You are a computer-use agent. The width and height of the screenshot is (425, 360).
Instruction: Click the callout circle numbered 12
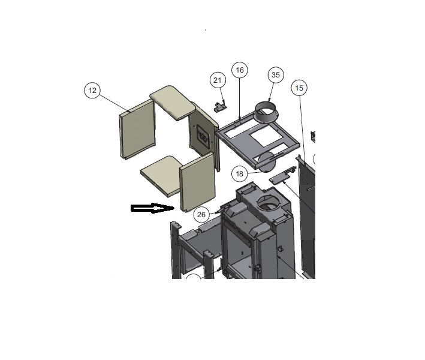coord(92,91)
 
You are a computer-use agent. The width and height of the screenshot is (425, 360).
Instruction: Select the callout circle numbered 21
coord(218,80)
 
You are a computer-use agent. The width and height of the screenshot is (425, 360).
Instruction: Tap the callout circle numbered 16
coord(240,70)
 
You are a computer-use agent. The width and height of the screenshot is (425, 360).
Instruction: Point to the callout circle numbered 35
coord(276,75)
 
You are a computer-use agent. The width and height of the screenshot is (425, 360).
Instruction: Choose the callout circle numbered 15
coord(299,88)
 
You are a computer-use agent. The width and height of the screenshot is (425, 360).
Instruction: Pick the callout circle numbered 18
coord(240,173)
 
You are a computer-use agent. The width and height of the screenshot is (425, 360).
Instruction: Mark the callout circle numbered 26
coord(201,215)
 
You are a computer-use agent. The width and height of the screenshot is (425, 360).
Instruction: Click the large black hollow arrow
coord(152,208)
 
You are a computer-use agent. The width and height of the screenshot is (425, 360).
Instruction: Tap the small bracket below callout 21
coord(221,107)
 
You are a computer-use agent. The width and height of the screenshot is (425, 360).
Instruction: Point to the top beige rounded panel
coord(173,103)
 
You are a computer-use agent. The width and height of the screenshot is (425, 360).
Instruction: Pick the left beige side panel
coord(137,129)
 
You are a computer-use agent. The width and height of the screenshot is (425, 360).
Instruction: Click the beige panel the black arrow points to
coord(198,182)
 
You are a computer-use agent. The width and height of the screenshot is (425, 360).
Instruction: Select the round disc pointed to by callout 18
coord(267,162)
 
